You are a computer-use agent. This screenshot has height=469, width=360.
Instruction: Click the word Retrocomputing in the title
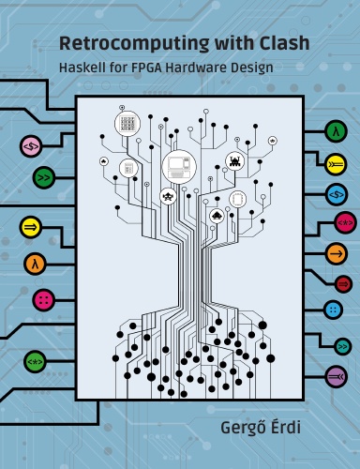[x=134, y=44]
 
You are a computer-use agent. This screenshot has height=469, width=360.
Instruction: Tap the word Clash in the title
[x=284, y=43]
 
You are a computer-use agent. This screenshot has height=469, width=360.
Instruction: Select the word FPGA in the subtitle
[x=147, y=68]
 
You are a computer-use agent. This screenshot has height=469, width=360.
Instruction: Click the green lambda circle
[x=337, y=132]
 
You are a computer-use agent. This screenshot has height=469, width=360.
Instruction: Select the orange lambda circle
[x=35, y=265]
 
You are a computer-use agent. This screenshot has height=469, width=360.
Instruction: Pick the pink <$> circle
[x=31, y=146]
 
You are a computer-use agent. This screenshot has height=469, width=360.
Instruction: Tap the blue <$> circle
[x=337, y=195]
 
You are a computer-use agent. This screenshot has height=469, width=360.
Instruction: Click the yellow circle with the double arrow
[x=30, y=227]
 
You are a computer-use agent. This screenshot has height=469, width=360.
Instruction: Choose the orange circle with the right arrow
[x=337, y=254]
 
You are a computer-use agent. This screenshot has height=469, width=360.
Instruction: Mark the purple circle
[x=337, y=377]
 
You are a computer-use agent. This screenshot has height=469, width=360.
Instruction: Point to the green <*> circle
[x=35, y=362]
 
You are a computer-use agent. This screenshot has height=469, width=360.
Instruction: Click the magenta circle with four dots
[x=44, y=300]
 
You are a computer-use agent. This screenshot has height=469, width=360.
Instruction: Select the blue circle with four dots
[x=334, y=310]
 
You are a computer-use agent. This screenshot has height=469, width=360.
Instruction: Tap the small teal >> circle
[x=343, y=346]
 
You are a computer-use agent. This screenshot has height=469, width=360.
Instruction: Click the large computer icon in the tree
[x=179, y=166]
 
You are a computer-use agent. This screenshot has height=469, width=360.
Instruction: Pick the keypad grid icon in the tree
[x=127, y=123]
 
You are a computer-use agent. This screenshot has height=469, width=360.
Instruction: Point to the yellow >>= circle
[x=336, y=164]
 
